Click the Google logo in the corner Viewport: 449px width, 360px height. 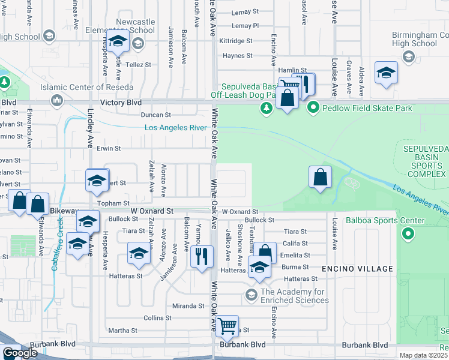(20, 353)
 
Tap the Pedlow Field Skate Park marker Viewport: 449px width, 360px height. (313, 108)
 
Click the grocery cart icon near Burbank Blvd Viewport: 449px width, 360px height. (227, 327)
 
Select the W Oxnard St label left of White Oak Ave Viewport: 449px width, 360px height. (152, 212)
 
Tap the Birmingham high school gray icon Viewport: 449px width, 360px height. (409, 57)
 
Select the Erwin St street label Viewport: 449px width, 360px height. (109, 148)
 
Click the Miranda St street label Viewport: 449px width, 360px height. (189, 305)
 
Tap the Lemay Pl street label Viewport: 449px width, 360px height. (245, 26)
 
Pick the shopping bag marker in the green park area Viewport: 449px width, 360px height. (321, 177)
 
